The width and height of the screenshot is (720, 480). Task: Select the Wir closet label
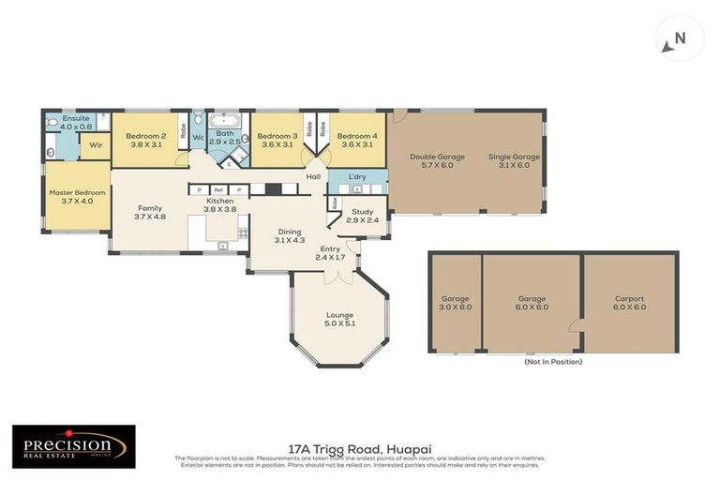click(x=96, y=145)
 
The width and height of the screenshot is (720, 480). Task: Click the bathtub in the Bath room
click(x=226, y=122)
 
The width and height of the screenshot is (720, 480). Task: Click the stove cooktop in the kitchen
click(x=243, y=232)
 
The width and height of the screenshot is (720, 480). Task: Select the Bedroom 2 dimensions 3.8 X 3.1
click(x=145, y=144)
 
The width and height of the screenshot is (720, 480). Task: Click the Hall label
click(x=314, y=175)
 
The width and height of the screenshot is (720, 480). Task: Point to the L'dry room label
click(x=356, y=176)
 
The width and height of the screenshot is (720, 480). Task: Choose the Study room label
click(x=362, y=211)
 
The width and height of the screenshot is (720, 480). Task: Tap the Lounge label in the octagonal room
click(x=338, y=314)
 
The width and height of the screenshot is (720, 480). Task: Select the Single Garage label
click(x=514, y=157)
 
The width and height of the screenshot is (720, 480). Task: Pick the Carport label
click(x=629, y=298)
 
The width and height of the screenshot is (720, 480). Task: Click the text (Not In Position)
click(x=552, y=361)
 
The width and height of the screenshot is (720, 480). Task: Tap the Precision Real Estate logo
click(x=73, y=445)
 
